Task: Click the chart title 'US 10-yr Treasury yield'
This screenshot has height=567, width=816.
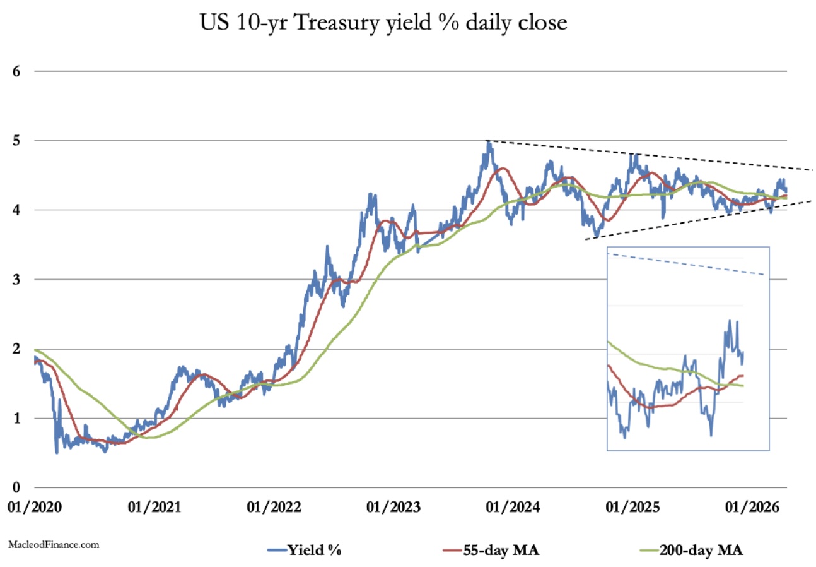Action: click(x=384, y=23)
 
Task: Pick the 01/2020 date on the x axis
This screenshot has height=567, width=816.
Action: click(x=35, y=507)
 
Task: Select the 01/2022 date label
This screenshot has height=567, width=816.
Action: click(x=276, y=507)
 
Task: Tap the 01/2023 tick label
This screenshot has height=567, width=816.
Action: click(x=395, y=507)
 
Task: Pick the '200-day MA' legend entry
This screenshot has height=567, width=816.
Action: click(x=691, y=550)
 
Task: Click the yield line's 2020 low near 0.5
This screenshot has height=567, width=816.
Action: click(x=57, y=452)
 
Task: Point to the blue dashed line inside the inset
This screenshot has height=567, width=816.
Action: click(x=687, y=265)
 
